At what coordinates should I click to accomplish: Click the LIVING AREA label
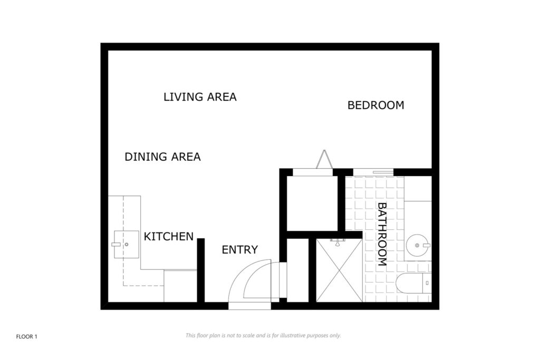coord(200,97)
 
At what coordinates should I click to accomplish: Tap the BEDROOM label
coord(375,105)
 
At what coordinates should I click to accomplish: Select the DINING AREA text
coord(162,157)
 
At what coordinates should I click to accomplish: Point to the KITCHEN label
coord(168,237)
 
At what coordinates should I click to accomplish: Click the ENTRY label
coord(240,249)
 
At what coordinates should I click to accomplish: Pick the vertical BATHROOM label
coord(383,235)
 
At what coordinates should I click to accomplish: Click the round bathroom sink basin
coord(417,246)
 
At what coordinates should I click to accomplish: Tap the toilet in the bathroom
coord(413,283)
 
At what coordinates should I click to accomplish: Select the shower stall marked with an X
coord(339,270)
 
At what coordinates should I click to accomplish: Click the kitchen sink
coord(127,245)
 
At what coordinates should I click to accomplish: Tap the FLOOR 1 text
coord(26,337)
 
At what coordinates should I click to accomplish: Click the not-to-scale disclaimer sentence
coord(263,335)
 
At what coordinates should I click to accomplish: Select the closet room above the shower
coord(312,203)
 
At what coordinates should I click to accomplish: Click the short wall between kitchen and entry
coord(201,270)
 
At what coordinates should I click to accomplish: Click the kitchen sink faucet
coord(116,245)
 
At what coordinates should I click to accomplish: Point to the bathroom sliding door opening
coord(373,172)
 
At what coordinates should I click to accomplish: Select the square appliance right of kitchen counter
coord(180,286)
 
